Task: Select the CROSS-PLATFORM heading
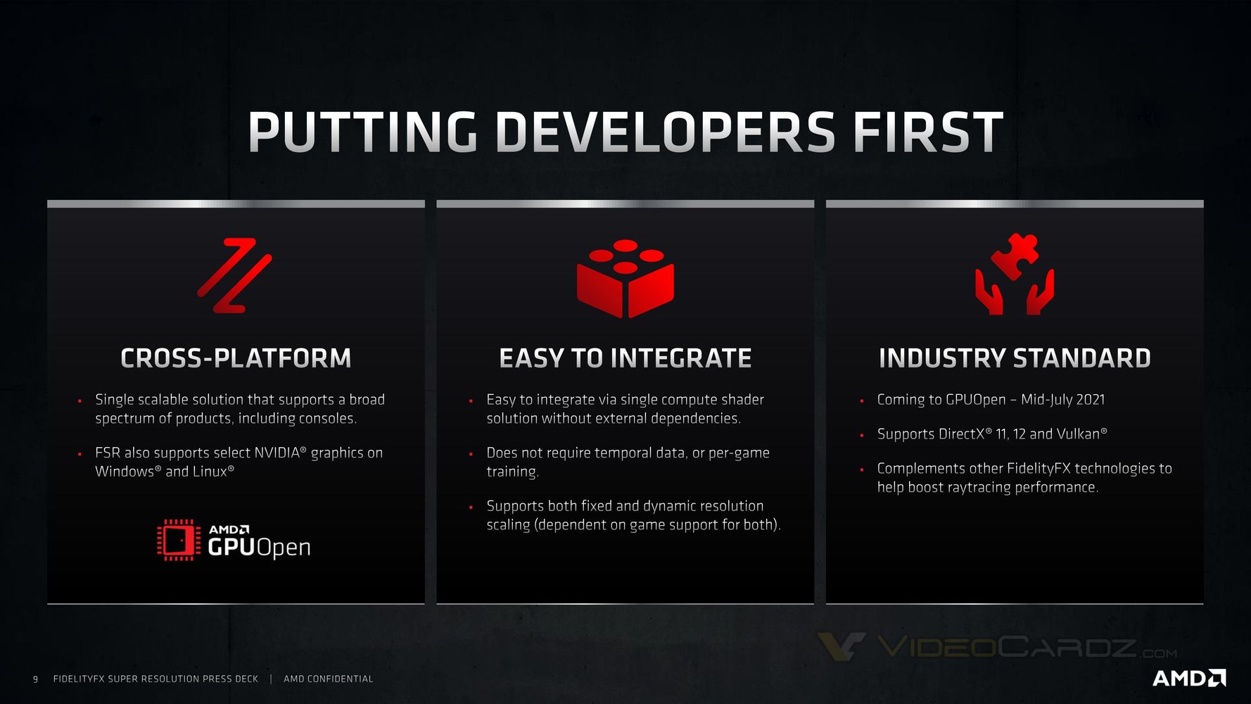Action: [x=236, y=358]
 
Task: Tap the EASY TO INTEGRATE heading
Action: [x=625, y=358]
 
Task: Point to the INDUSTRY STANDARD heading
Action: [x=1015, y=358]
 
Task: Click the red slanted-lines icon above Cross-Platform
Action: [x=234, y=275]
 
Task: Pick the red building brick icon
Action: [x=625, y=278]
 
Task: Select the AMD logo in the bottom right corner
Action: [x=1189, y=678]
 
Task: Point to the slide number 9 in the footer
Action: [x=35, y=679]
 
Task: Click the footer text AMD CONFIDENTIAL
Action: [x=329, y=679]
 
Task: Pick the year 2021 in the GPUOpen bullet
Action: [x=1091, y=400]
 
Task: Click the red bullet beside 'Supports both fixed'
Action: [x=471, y=507]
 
